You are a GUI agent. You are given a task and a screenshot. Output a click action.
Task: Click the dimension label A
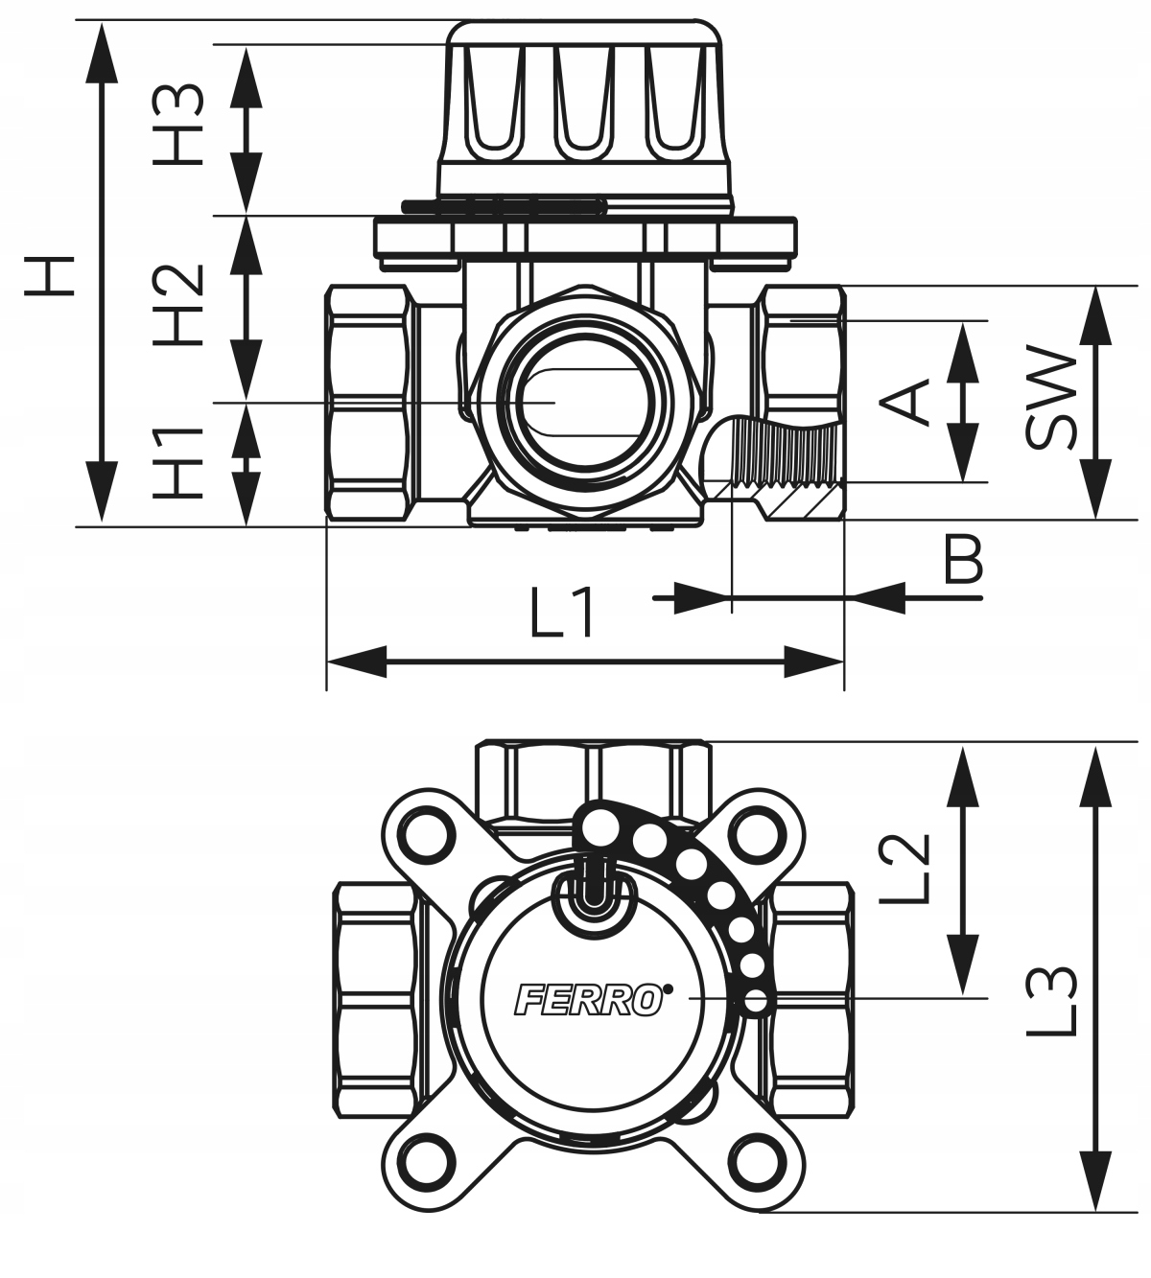click(x=906, y=401)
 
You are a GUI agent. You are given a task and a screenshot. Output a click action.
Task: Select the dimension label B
click(x=962, y=561)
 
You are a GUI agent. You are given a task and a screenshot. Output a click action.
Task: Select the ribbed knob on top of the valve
click(x=582, y=105)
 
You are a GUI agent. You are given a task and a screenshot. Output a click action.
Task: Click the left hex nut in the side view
click(x=372, y=403)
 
